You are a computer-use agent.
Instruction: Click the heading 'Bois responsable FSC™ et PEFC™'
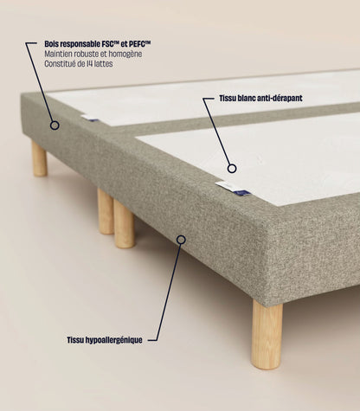coord(98,44)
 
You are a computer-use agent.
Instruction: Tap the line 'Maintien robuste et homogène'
coord(93,54)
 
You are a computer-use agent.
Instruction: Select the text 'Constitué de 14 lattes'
coord(79,64)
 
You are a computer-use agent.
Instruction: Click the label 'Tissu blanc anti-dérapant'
coord(260,99)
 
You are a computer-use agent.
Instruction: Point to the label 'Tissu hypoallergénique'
coord(105,340)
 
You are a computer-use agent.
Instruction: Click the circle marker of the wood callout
coord(55,125)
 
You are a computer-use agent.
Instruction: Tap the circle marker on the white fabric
coord(232,169)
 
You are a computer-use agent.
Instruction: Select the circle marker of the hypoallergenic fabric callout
coord(181,240)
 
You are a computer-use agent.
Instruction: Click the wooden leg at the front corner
coord(267,334)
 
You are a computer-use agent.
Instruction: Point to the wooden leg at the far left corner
coord(39,158)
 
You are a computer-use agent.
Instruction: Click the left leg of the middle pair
coord(106,211)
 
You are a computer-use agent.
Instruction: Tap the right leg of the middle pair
coord(125,224)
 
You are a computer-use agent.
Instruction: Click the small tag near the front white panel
coord(233,189)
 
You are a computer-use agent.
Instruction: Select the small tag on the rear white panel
coord(90,118)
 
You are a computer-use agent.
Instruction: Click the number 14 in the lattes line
coord(89,64)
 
